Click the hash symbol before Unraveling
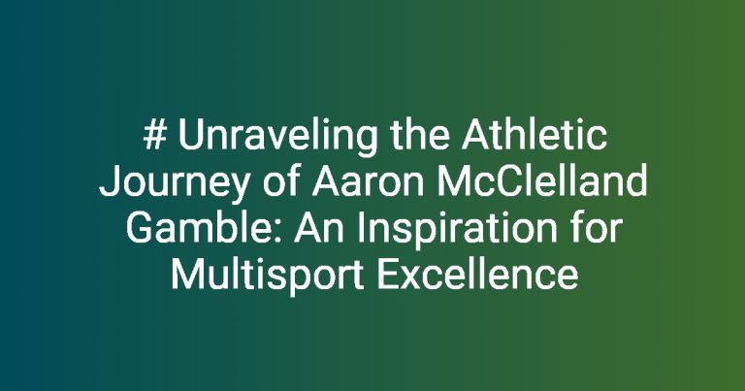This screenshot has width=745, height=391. pos(154,135)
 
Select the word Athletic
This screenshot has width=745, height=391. pos(534,135)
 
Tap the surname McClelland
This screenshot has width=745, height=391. pos(542,181)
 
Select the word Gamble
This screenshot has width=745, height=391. pos(207,228)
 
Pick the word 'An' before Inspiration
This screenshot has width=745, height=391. pos(319,229)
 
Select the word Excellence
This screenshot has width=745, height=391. pos(478,275)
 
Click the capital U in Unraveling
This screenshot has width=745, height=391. pos(190,136)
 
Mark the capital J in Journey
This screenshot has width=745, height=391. pos(110,182)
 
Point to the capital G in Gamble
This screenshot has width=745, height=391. pos(138,229)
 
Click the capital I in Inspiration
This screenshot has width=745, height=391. pos(361,229)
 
